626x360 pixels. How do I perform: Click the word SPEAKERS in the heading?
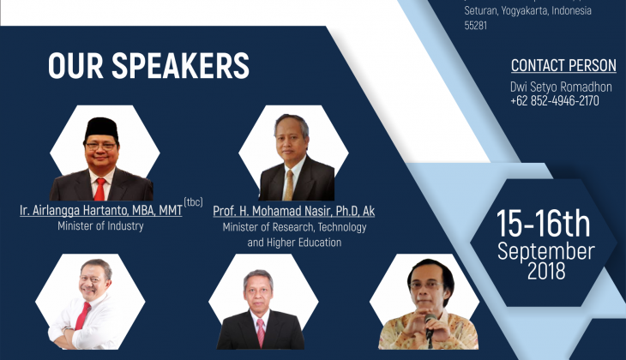click(180, 65)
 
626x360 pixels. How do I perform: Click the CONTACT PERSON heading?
click(563, 65)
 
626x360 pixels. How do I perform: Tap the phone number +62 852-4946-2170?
click(555, 100)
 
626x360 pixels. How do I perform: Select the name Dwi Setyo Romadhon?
click(561, 87)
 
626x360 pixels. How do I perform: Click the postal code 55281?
click(475, 26)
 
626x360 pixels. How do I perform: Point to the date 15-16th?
click(544, 224)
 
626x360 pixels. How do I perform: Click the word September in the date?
click(545, 251)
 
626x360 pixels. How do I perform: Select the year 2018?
click(546, 271)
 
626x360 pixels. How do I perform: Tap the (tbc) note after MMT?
click(193, 202)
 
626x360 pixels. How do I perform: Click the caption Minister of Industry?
click(100, 226)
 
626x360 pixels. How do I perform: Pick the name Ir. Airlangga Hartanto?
click(75, 210)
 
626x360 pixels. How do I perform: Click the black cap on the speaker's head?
click(101, 129)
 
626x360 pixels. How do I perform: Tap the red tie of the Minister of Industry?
click(99, 189)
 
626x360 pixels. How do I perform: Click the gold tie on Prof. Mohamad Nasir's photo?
click(289, 185)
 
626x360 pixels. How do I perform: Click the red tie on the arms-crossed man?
click(82, 315)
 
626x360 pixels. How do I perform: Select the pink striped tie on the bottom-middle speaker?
click(261, 333)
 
